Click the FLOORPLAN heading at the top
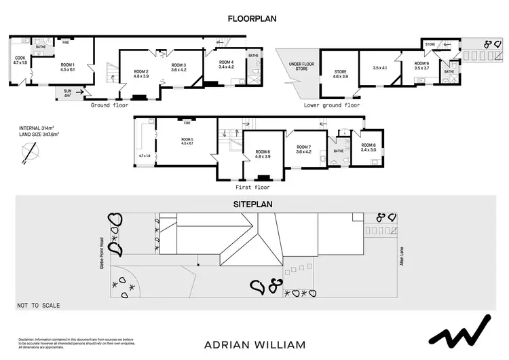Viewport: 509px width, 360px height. click(x=254, y=19)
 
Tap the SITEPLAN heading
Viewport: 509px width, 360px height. click(x=254, y=204)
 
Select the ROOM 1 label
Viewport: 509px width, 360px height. click(x=66, y=66)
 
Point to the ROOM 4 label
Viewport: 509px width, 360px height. click(x=226, y=65)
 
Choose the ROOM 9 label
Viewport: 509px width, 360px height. click(x=423, y=65)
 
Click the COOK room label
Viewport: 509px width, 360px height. click(x=20, y=59)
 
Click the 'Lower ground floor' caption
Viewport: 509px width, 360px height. click(x=332, y=105)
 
